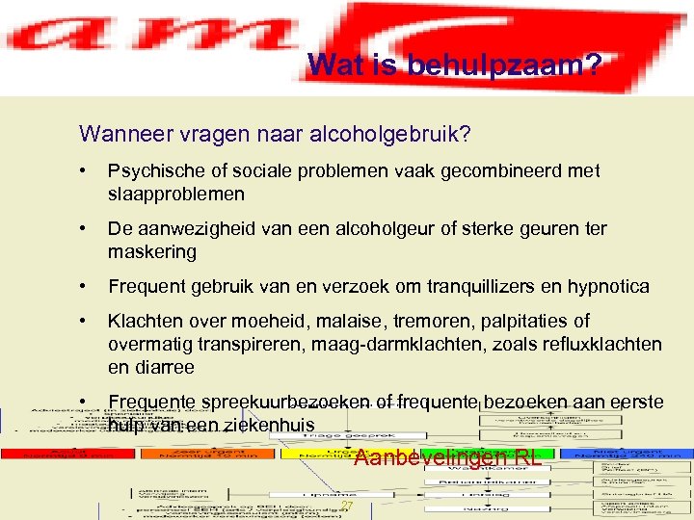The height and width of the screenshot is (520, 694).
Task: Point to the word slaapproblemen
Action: click(x=176, y=194)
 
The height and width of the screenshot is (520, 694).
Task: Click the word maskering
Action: click(x=152, y=251)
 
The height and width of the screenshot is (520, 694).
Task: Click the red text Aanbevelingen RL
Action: click(x=447, y=458)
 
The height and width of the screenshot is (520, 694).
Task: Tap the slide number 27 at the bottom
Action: click(x=347, y=507)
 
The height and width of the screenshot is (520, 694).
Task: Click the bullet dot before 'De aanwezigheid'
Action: click(x=86, y=229)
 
